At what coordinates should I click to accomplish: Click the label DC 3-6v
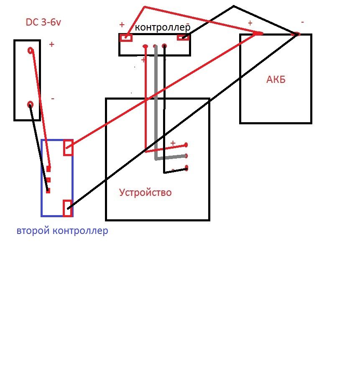(x=43, y=23)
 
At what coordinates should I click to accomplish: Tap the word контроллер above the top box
(x=163, y=28)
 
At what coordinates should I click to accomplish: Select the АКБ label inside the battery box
(x=276, y=80)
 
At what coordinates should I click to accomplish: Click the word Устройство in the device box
(x=145, y=193)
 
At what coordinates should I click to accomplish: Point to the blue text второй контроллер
(x=62, y=231)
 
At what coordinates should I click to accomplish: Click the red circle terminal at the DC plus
(x=31, y=51)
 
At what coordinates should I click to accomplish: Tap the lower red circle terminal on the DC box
(x=30, y=104)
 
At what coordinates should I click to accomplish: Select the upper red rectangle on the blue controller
(x=68, y=148)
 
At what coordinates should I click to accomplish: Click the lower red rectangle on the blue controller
(x=67, y=208)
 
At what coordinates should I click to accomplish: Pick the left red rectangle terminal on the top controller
(x=126, y=38)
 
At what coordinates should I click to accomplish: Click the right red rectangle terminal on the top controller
(x=183, y=38)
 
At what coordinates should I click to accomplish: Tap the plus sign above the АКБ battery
(x=250, y=23)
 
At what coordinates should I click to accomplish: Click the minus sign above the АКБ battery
(x=302, y=22)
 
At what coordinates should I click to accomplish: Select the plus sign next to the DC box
(x=52, y=44)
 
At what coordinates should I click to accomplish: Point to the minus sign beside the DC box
(x=53, y=99)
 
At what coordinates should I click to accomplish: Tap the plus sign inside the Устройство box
(x=173, y=143)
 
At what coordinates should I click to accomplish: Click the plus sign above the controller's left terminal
(x=122, y=25)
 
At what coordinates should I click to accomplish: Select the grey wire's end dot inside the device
(x=186, y=156)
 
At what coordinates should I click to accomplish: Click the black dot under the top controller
(x=164, y=46)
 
